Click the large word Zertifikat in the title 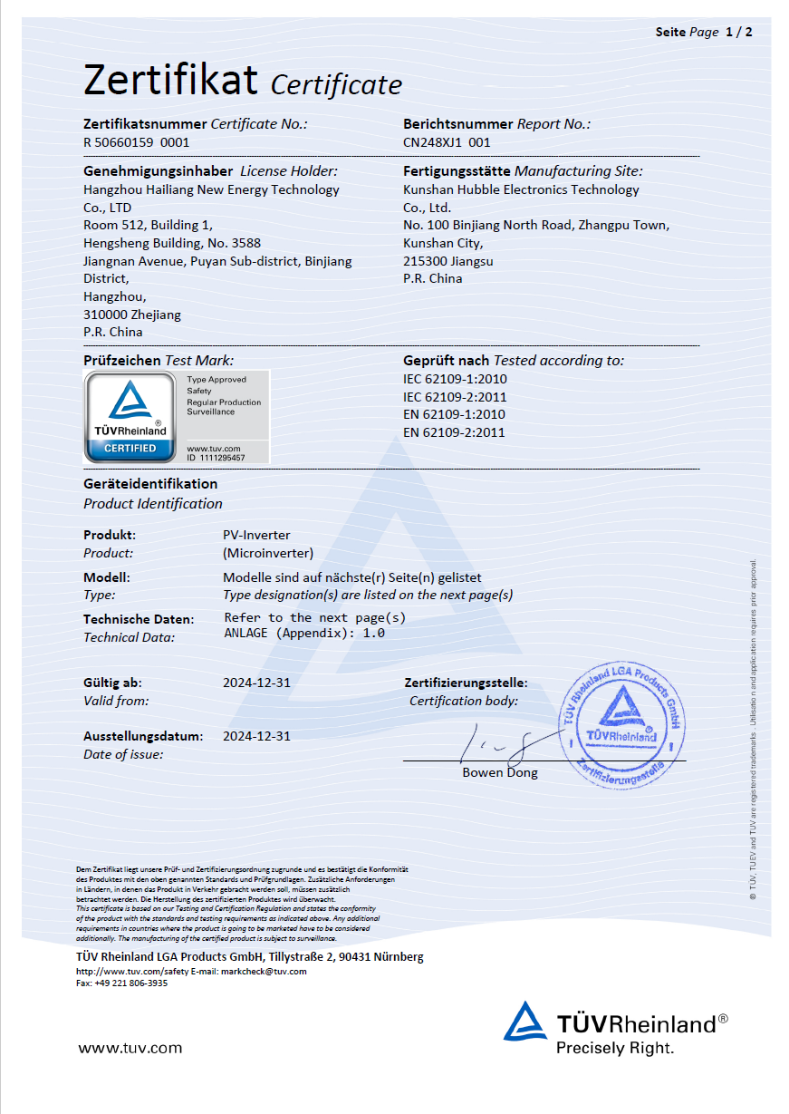[x=171, y=80]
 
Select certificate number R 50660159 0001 [x=137, y=142]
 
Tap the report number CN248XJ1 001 [x=447, y=142]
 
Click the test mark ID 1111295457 [x=216, y=457]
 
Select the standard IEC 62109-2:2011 [x=454, y=397]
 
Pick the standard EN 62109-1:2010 [x=454, y=414]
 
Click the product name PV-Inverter [x=256, y=535]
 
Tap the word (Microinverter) [x=268, y=553]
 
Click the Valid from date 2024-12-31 [x=256, y=683]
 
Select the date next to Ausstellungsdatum [x=256, y=736]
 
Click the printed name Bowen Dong [x=500, y=773]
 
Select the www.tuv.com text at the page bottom [x=130, y=1048]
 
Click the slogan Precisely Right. [x=615, y=1048]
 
